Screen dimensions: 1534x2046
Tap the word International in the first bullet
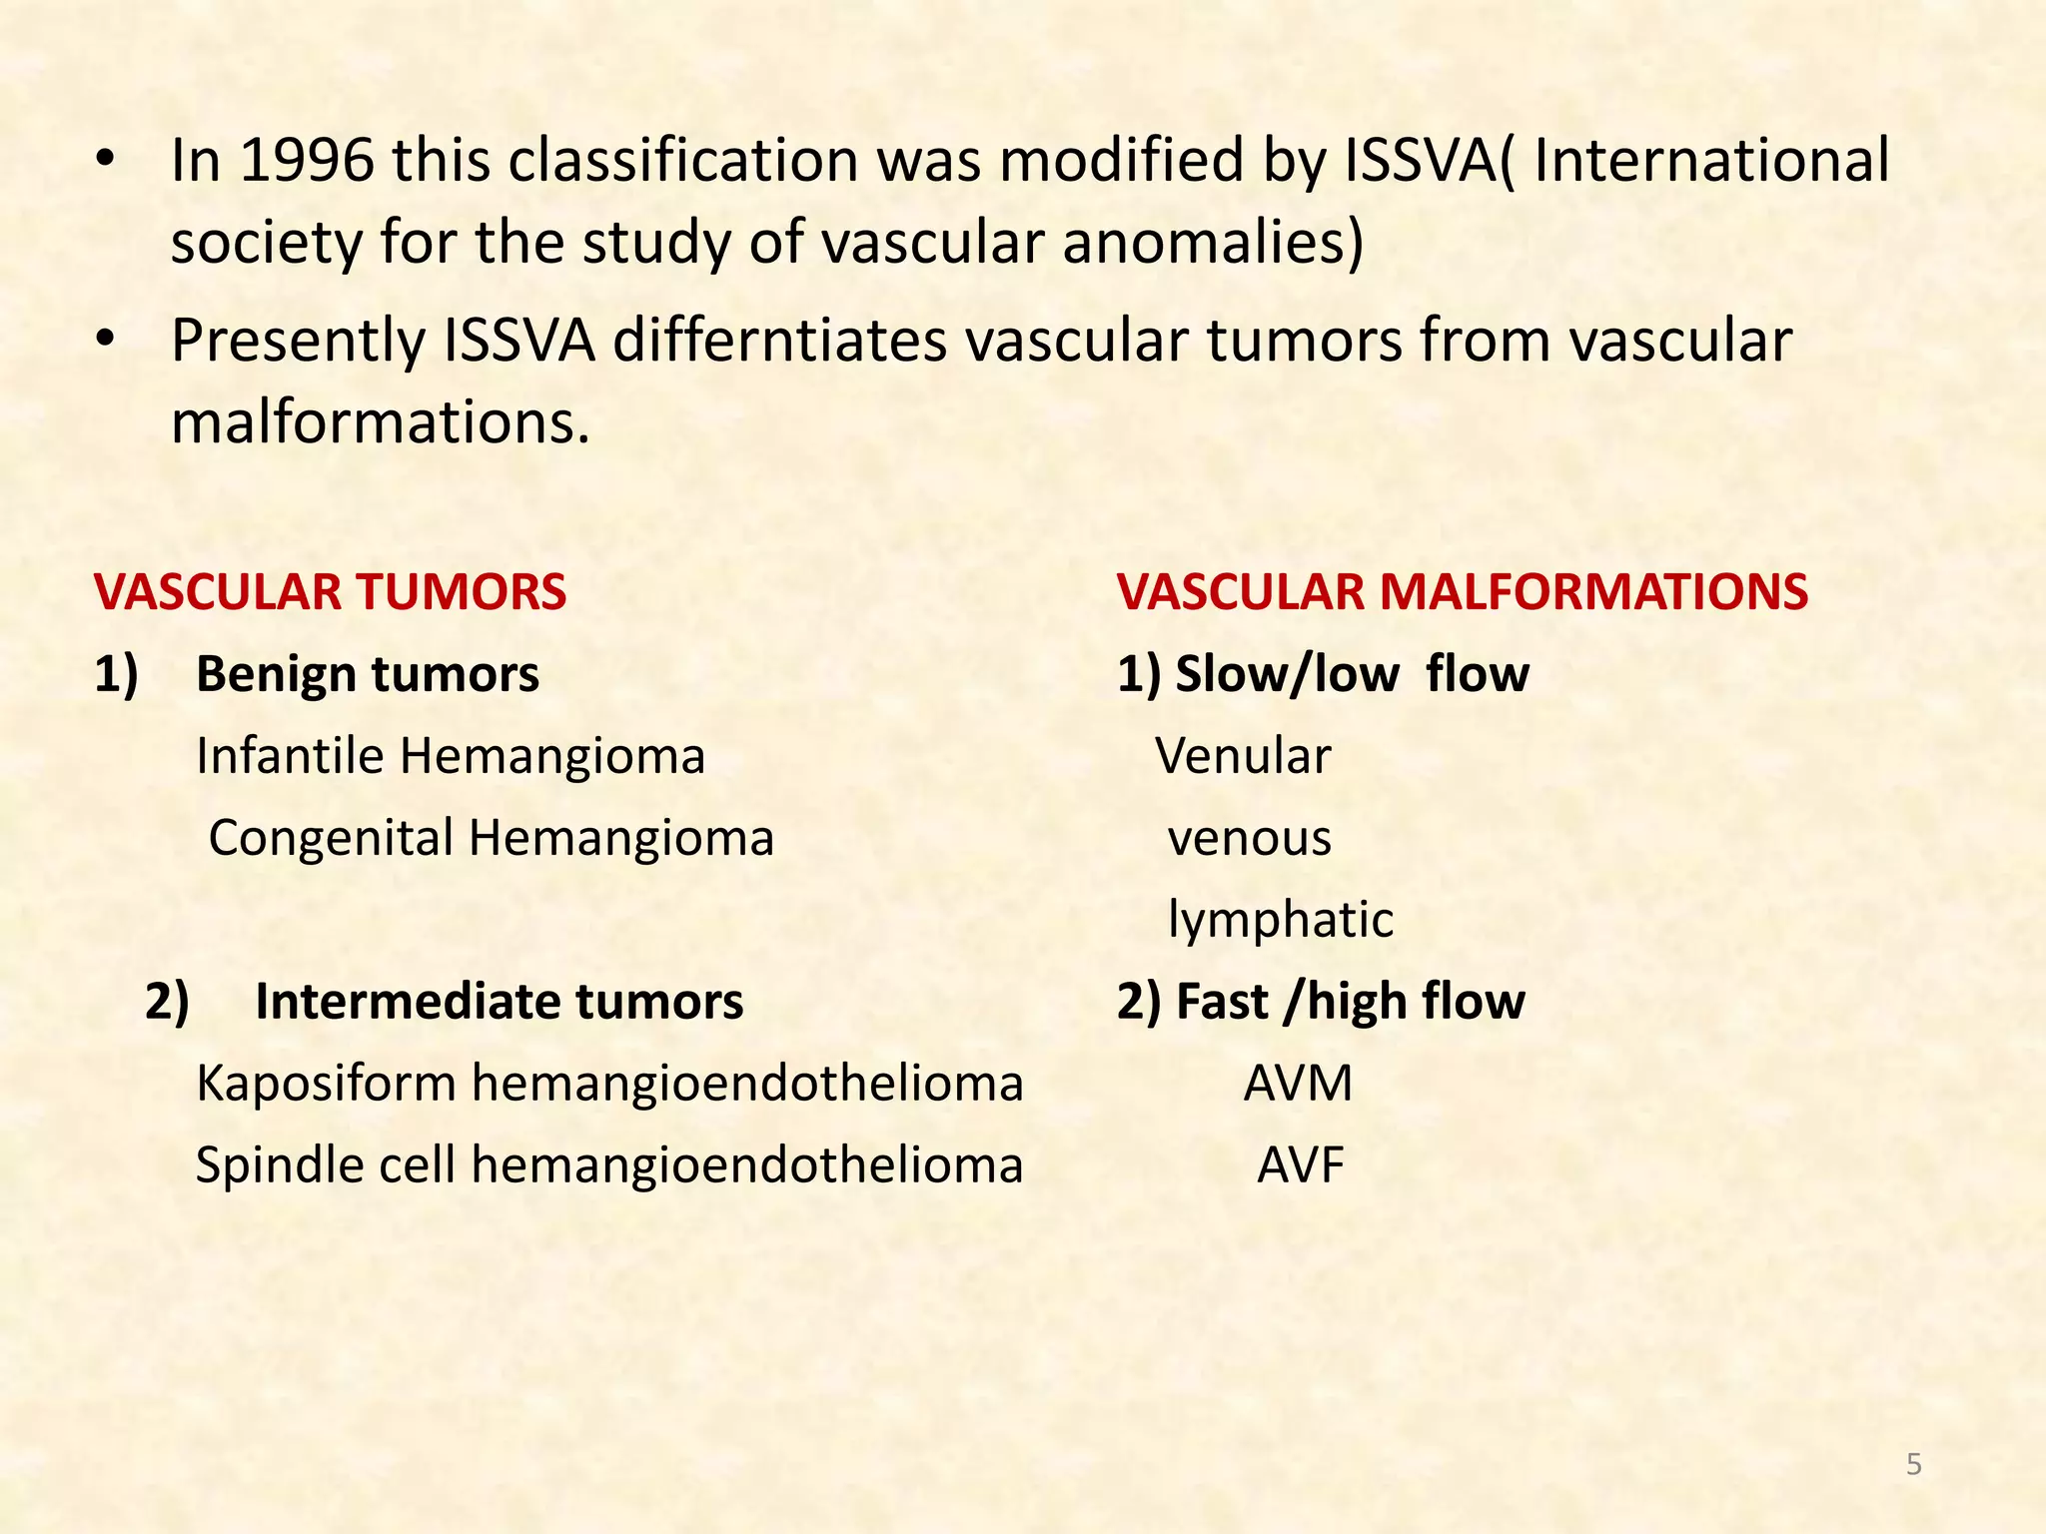(x=1710, y=161)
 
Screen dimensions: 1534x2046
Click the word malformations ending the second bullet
(x=380, y=422)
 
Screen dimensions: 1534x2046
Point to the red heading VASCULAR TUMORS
(x=331, y=591)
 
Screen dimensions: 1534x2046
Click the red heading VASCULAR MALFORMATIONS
(x=1463, y=591)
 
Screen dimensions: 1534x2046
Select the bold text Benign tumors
(x=368, y=674)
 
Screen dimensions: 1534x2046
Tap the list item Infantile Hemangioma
(x=451, y=756)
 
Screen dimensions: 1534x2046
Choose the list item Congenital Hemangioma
(x=491, y=838)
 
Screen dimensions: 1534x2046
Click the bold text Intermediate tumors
(x=500, y=1002)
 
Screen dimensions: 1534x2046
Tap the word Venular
(x=1243, y=756)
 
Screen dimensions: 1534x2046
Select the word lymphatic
(x=1281, y=920)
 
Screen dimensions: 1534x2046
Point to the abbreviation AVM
(x=1298, y=1084)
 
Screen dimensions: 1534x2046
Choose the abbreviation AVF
(x=1301, y=1165)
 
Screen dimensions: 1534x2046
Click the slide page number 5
(x=1913, y=1464)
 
